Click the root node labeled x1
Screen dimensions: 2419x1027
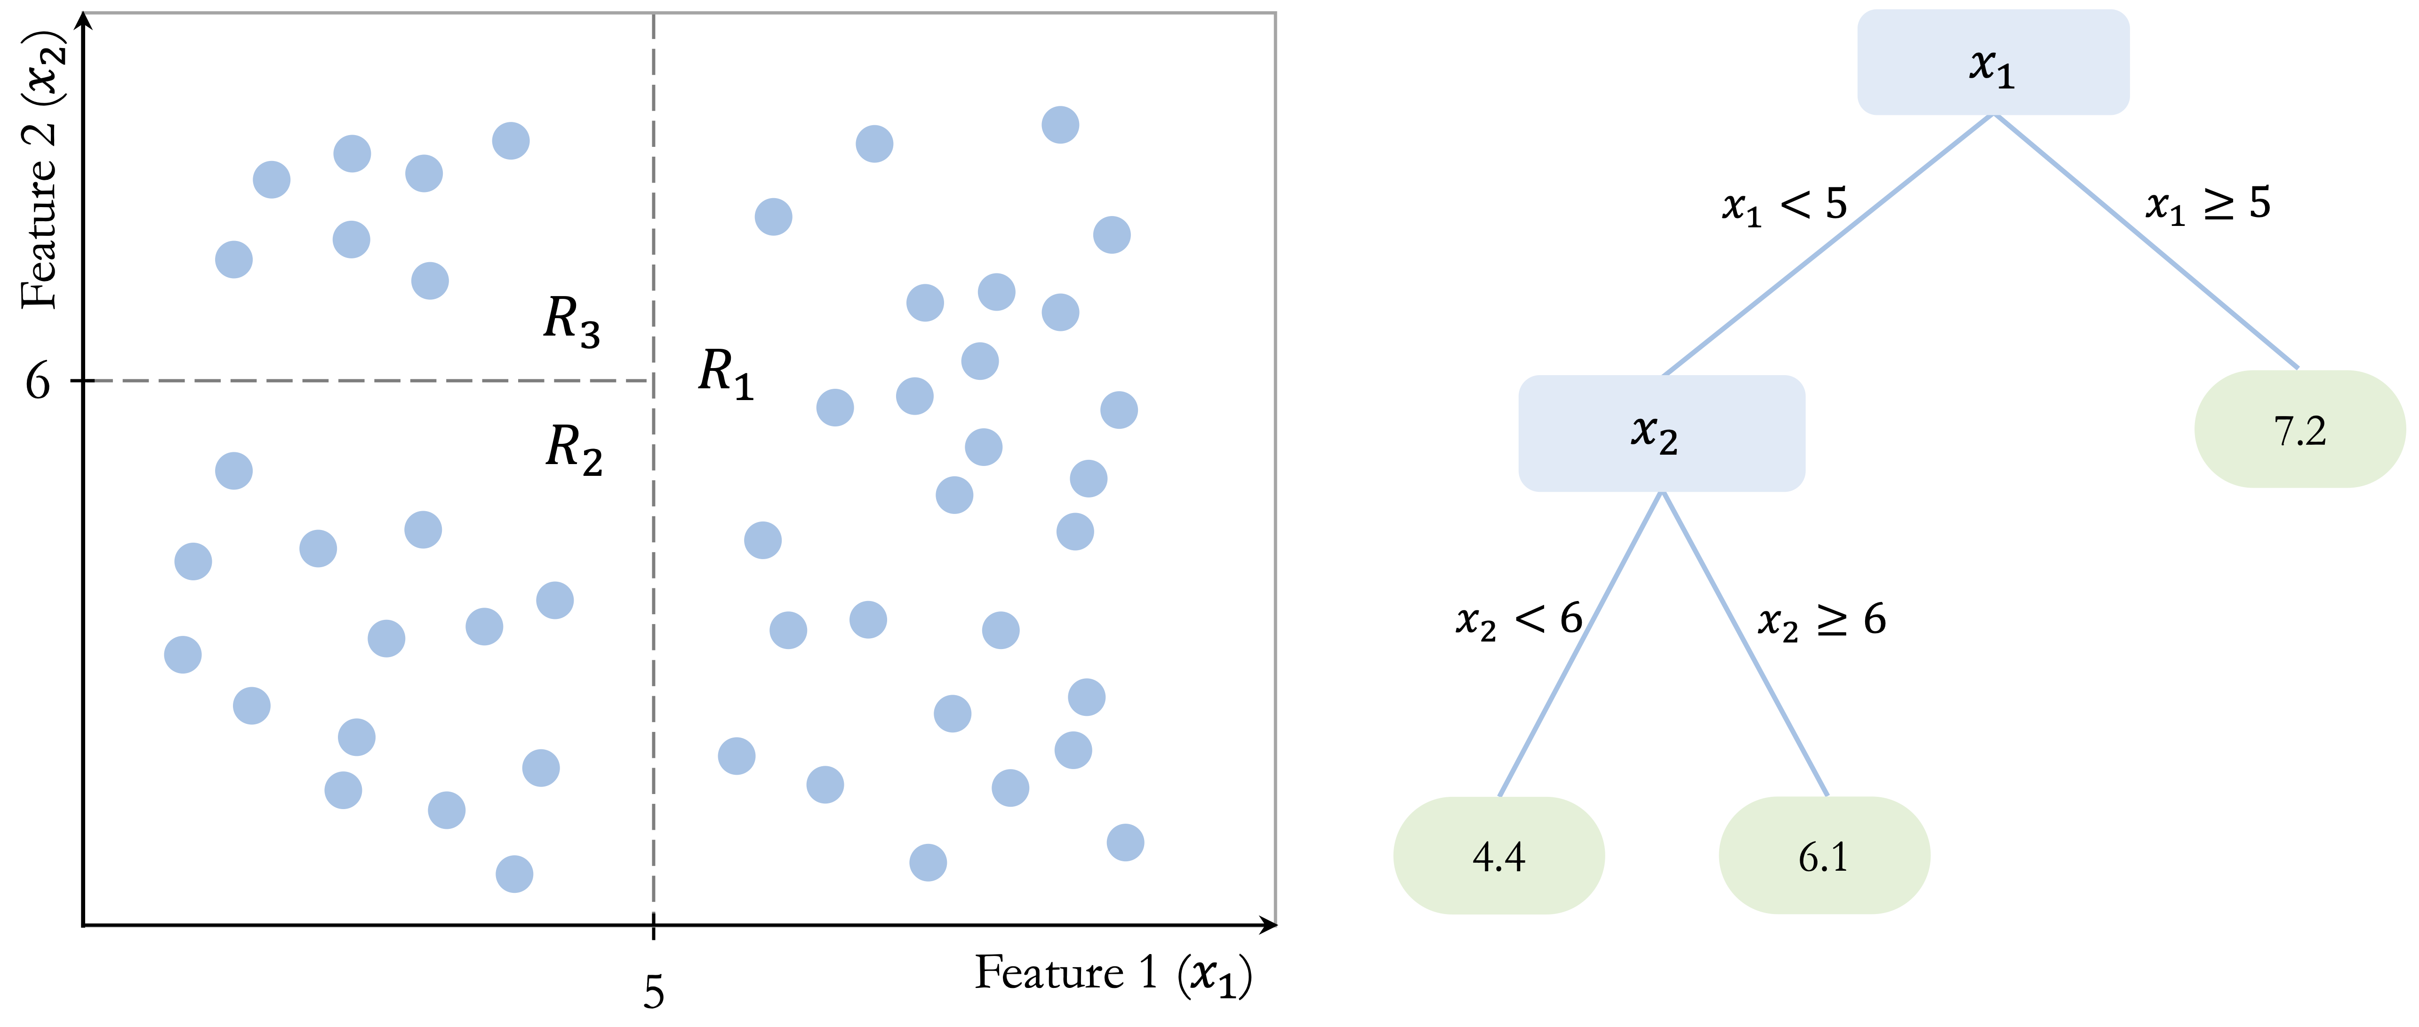coord(1993,63)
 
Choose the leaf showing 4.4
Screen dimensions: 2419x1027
coord(1499,855)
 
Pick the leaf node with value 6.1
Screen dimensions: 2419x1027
coord(1824,855)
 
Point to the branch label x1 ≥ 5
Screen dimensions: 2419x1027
coord(2208,204)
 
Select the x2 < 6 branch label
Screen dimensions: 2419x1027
coord(1518,620)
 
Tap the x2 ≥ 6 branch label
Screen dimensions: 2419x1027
coord(1822,620)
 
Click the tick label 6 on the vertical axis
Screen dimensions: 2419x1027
coord(38,381)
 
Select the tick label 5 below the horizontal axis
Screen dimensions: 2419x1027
coord(654,992)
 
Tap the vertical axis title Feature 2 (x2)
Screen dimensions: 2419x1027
coord(42,169)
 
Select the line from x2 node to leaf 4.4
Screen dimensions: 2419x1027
coord(1580,644)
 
